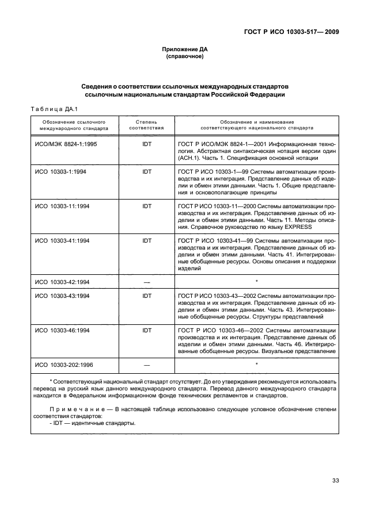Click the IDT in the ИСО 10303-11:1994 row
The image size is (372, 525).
(x=146, y=206)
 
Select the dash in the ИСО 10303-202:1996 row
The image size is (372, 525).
(x=146, y=365)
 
